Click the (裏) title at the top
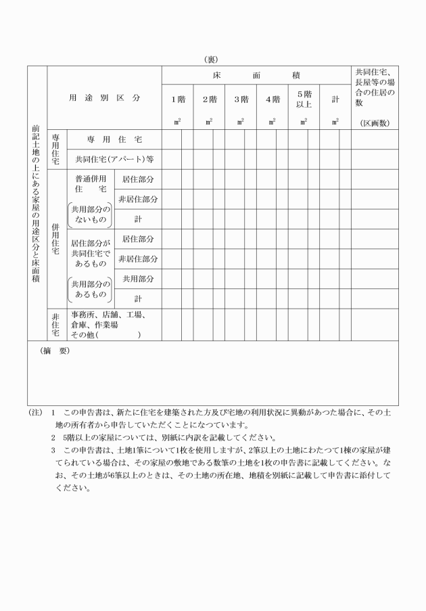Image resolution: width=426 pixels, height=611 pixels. [213, 60]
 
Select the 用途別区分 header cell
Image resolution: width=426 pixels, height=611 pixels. [104, 97]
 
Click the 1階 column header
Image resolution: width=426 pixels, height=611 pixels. [176, 99]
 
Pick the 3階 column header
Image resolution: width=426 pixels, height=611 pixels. [240, 99]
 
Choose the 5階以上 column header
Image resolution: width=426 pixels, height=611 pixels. [304, 99]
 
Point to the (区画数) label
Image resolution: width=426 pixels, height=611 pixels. [374, 122]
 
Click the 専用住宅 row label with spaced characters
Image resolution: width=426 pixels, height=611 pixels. [114, 139]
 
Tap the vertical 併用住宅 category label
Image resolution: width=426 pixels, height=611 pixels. [55, 239]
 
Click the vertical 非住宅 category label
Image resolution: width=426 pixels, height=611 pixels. [55, 324]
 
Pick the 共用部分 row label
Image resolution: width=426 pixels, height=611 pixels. [137, 278]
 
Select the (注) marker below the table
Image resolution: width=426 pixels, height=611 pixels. [36, 412]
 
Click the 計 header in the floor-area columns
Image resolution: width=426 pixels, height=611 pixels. [335, 99]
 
